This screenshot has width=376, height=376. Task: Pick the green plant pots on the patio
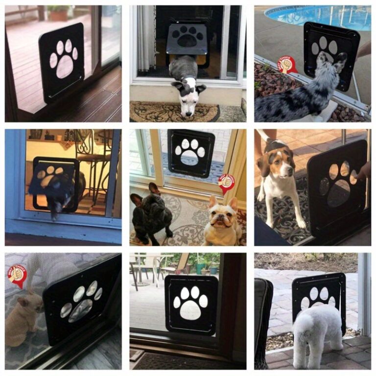(206, 267)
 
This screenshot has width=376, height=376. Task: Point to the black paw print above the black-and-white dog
(188, 37)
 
